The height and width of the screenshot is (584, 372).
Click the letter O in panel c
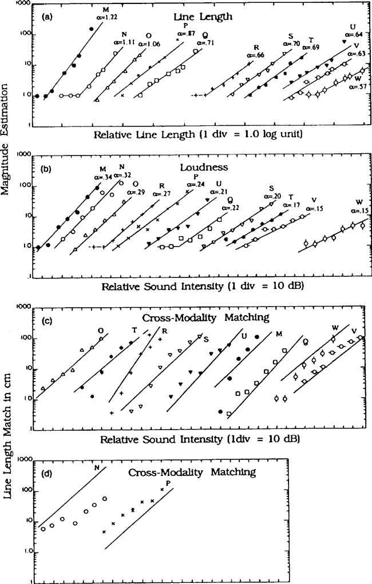(101, 330)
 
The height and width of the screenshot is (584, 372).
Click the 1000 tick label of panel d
(23, 459)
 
